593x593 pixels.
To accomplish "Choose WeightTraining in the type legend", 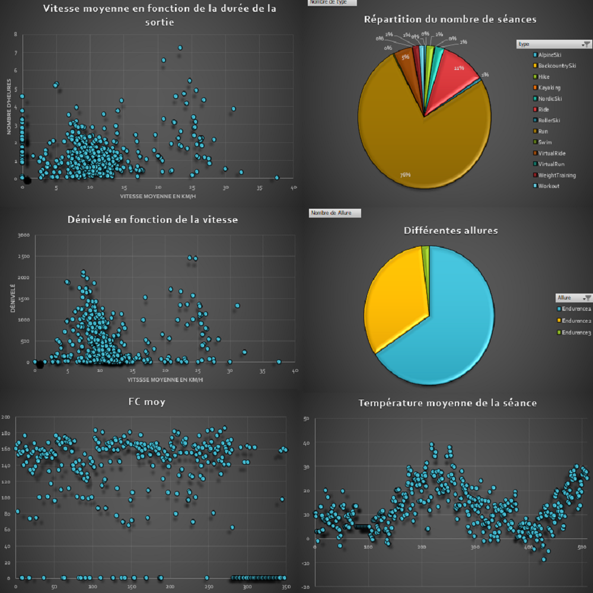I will [x=554, y=175].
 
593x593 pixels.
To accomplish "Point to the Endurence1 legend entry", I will [x=575, y=308].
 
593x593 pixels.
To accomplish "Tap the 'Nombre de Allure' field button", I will [x=335, y=213].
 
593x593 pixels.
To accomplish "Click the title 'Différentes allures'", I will [x=451, y=230].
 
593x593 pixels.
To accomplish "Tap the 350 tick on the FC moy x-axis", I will [x=285, y=588].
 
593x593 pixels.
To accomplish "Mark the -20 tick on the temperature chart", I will [x=305, y=586].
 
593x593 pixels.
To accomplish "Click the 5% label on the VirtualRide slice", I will [x=405, y=58].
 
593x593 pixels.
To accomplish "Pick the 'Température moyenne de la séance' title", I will [x=448, y=403].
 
